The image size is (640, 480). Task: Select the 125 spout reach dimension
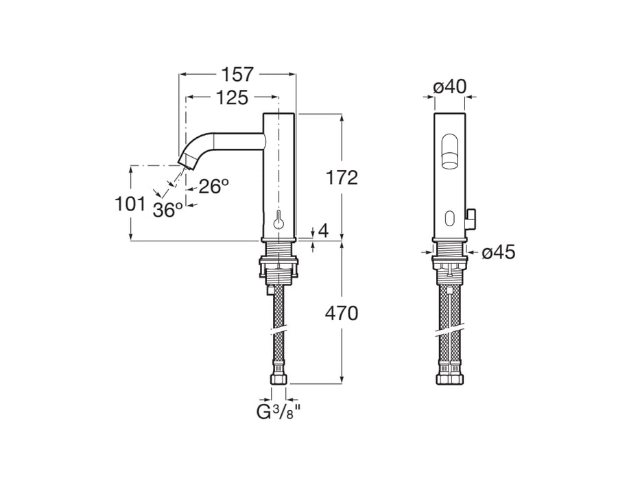point(231,98)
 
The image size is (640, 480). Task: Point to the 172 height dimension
point(342,178)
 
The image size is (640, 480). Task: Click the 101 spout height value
point(130,204)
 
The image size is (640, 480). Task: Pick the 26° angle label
point(213,186)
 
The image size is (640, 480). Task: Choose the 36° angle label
point(168,210)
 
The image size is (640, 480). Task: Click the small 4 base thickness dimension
point(323,231)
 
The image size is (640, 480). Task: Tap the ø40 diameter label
point(450,86)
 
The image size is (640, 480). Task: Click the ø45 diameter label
point(498,252)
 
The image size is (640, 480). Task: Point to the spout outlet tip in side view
point(186,162)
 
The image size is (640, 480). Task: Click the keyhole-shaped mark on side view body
point(278,221)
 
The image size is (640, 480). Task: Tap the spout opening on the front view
point(449,152)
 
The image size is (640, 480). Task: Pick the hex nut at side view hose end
point(278,378)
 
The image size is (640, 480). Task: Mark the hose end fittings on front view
point(449,375)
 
